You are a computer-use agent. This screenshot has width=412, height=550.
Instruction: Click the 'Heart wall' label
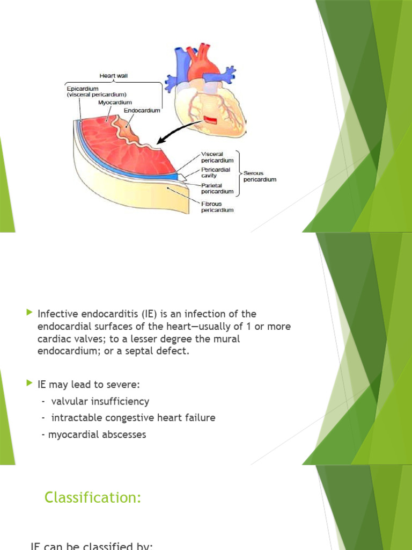(x=113, y=76)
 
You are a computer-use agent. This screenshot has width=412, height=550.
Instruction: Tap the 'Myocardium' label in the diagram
(x=115, y=102)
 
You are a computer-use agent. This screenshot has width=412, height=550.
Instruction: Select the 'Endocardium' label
(x=142, y=111)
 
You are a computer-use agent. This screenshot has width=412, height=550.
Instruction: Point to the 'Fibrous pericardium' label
(x=217, y=207)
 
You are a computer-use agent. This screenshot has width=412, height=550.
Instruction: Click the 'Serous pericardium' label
(x=260, y=176)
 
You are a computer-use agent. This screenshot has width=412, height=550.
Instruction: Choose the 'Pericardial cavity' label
(x=216, y=172)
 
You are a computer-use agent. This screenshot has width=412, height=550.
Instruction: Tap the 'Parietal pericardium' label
(x=217, y=188)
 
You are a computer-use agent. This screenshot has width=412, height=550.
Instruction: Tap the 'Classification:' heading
(x=93, y=498)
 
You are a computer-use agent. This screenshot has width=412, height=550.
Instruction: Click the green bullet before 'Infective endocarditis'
(x=29, y=313)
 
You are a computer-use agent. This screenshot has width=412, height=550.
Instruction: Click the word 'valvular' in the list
(x=69, y=401)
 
